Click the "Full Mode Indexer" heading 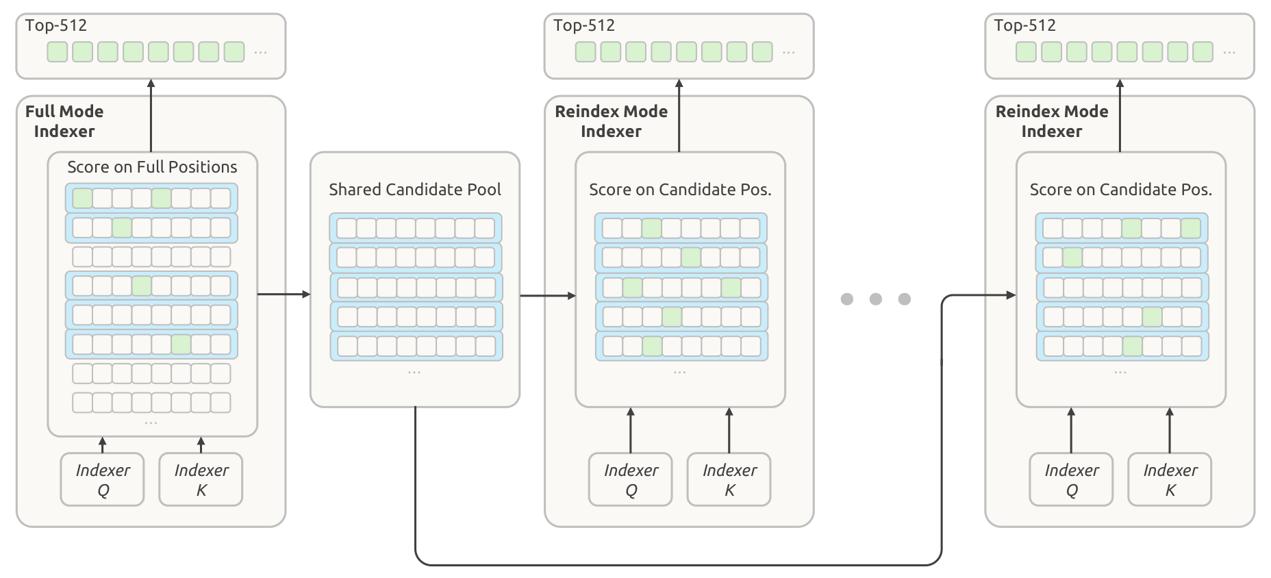coord(64,121)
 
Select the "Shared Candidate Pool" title coord(415,189)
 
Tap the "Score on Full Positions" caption coord(152,166)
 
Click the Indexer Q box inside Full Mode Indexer coord(103,479)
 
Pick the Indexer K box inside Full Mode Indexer coord(201,479)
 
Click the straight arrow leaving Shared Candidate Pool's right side coord(548,296)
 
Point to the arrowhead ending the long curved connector coord(1011,295)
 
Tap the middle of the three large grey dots coord(876,299)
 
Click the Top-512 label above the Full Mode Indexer coord(56,25)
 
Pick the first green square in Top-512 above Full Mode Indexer coord(58,52)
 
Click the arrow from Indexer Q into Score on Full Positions coord(103,444)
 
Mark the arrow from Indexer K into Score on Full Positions coord(201,444)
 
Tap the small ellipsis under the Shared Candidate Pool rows coord(414,373)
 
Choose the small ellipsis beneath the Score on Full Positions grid coord(151,423)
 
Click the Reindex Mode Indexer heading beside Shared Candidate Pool coord(611,121)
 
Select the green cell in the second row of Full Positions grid coord(122,227)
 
